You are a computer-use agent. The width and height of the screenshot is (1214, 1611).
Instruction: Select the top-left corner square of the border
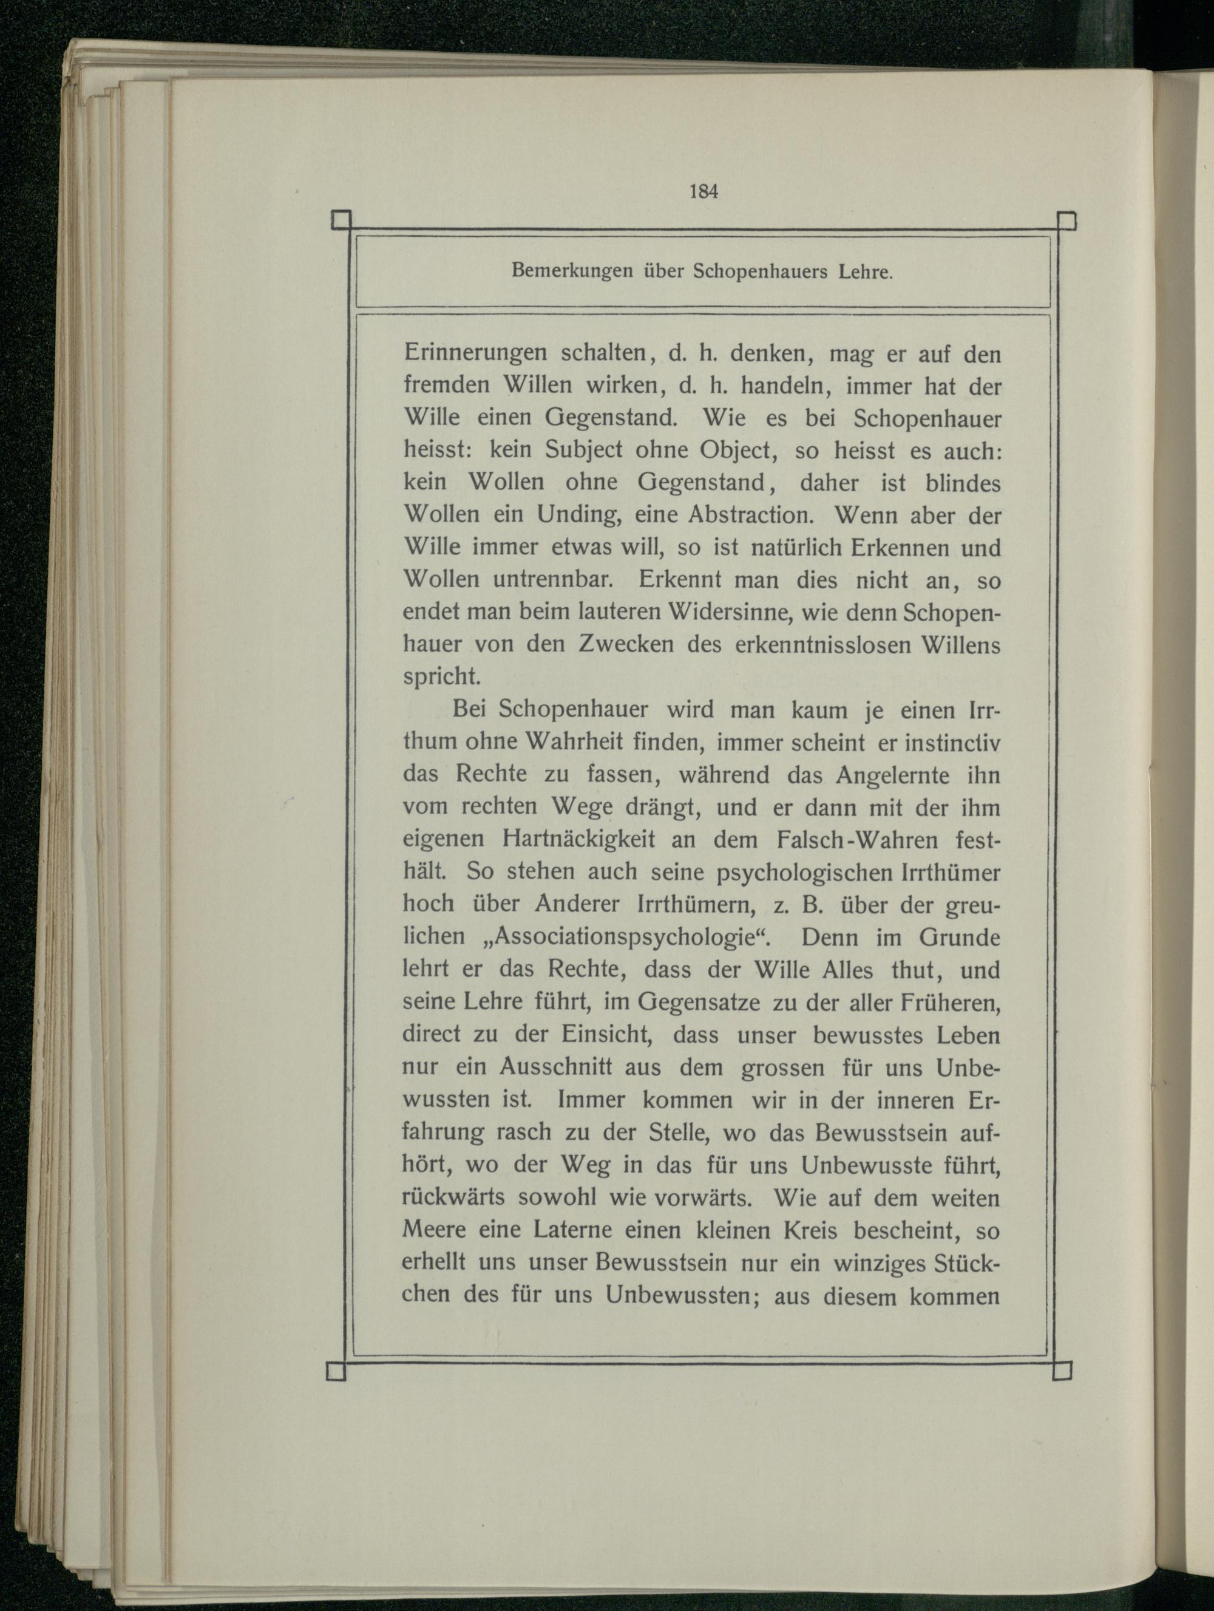point(341,220)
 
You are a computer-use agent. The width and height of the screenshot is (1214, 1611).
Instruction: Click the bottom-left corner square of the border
point(336,1371)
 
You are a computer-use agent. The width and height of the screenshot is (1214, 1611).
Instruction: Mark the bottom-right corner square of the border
point(1063,1371)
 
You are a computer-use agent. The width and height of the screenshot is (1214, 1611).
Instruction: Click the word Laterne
point(574,1230)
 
